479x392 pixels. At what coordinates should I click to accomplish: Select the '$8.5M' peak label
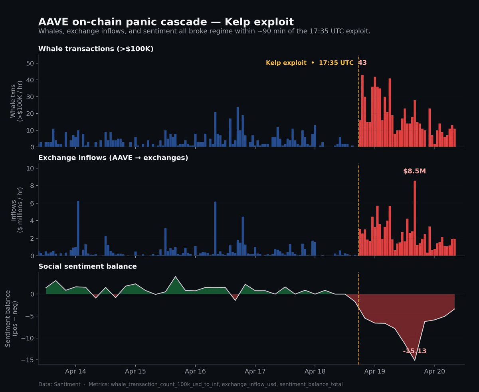414,171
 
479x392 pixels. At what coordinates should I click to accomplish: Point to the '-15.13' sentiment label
415,351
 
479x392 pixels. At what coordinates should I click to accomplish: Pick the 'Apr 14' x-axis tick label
75,371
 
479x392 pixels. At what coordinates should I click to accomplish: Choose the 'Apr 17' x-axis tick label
255,371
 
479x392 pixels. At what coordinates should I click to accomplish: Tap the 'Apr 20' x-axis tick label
434,371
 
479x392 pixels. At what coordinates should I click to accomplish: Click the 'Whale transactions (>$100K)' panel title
96,49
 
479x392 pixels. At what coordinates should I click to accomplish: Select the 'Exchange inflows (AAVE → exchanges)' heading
113,158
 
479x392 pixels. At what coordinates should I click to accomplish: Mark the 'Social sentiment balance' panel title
87,267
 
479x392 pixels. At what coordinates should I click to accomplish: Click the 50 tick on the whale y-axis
30,63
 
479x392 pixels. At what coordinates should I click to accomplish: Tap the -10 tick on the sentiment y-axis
29,338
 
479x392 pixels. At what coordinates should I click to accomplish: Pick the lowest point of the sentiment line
415,360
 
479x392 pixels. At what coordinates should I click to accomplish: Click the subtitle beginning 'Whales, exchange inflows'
204,31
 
